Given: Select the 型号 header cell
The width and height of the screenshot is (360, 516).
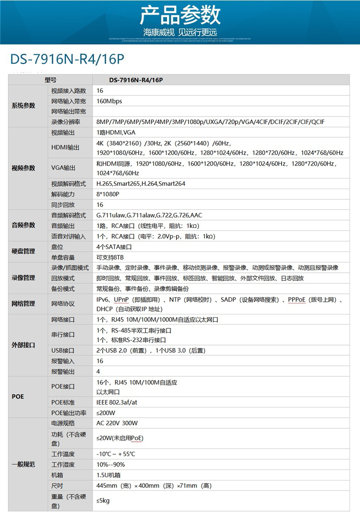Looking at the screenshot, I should [50, 80].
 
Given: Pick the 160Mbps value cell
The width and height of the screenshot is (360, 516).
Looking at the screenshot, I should [109, 101].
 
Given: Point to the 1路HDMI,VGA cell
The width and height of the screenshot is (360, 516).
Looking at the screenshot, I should [117, 132].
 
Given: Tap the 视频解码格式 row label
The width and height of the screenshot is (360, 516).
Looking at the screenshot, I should [68, 183].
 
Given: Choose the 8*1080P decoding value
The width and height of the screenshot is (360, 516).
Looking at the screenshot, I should [108, 194].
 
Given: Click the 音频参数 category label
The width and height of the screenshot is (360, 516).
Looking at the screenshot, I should [23, 225].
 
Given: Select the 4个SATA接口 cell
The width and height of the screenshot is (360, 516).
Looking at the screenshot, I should [114, 247].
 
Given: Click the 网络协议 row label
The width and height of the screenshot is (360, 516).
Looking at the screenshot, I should [62, 303].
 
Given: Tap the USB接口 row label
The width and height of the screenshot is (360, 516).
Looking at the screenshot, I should [62, 350].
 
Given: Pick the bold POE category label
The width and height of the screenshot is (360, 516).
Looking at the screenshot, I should [18, 397].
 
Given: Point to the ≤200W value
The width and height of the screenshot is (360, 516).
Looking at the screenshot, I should [106, 413].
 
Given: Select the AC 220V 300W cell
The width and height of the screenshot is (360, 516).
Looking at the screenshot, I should [117, 423].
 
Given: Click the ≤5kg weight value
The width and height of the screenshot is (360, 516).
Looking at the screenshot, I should [103, 501].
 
